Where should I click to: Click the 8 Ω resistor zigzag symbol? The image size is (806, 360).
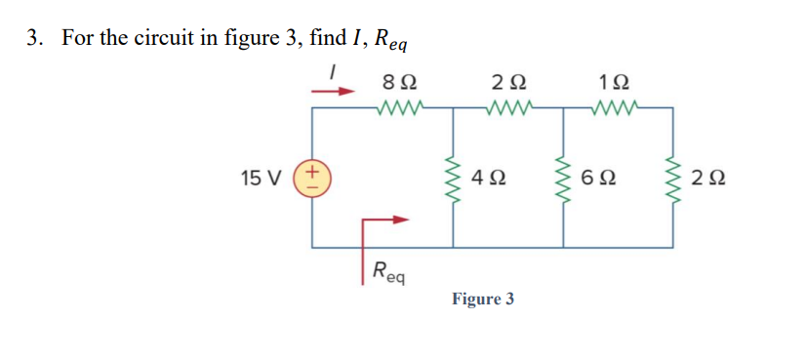click(398, 107)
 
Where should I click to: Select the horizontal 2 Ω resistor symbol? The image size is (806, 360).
click(511, 107)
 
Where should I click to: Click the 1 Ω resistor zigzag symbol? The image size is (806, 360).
click(618, 107)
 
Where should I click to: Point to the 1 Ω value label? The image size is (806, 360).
click(617, 80)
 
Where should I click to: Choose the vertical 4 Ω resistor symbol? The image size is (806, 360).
click(453, 179)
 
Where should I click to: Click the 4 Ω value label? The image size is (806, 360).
click(487, 180)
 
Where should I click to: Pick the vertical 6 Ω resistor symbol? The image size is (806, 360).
click(564, 179)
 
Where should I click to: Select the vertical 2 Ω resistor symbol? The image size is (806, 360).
click(673, 179)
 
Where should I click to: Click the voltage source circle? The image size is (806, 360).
click(311, 179)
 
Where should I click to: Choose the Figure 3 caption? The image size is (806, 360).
click(483, 298)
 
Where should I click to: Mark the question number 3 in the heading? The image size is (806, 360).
click(33, 38)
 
